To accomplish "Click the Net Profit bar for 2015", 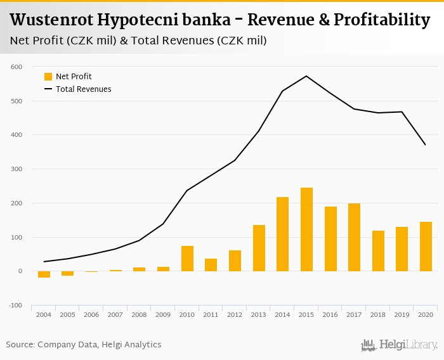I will pos(307,229).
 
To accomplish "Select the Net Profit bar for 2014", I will pos(283,234).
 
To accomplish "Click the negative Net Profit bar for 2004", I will pos(44,274).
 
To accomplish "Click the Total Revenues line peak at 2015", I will pos(307,76).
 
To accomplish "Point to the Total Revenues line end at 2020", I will pos(426,145).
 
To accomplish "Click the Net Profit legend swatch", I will pos(48,77).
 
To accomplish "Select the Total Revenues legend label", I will pos(84,89).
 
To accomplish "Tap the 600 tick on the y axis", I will pos(16,67).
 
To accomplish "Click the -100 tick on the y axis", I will pos(15,305).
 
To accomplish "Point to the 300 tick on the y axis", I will pos(16,169).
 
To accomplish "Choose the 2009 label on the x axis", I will pos(163,314).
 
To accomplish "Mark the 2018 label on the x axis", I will pos(378,314).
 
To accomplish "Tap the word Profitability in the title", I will pos(386,20).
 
